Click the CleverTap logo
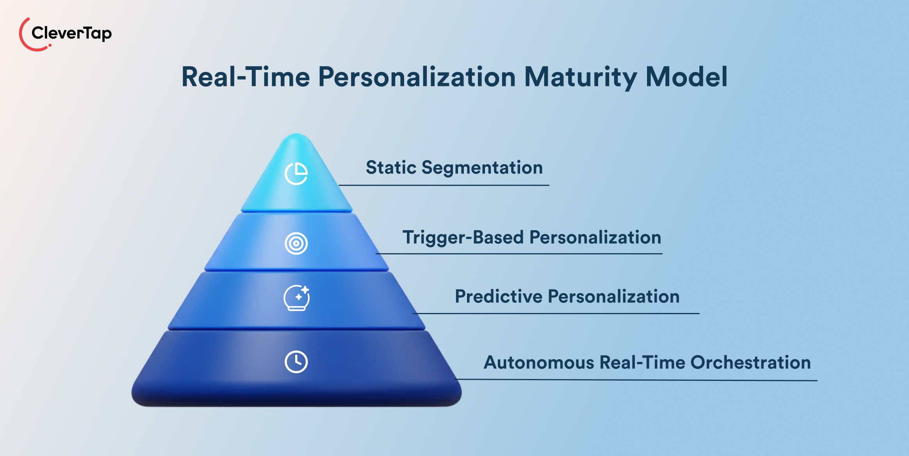click(66, 34)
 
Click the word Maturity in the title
click(581, 77)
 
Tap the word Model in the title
click(686, 77)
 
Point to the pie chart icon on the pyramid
click(296, 173)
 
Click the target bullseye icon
click(296, 243)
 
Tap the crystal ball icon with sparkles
click(297, 298)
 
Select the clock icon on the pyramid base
click(296, 362)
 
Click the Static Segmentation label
click(454, 168)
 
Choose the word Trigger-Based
click(463, 238)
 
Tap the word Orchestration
click(750, 363)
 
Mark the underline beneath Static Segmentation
click(444, 185)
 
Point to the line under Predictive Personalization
click(556, 313)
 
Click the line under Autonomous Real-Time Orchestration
click(636, 379)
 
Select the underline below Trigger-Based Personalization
click(519, 254)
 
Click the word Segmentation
click(482, 168)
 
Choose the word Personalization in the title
click(417, 77)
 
